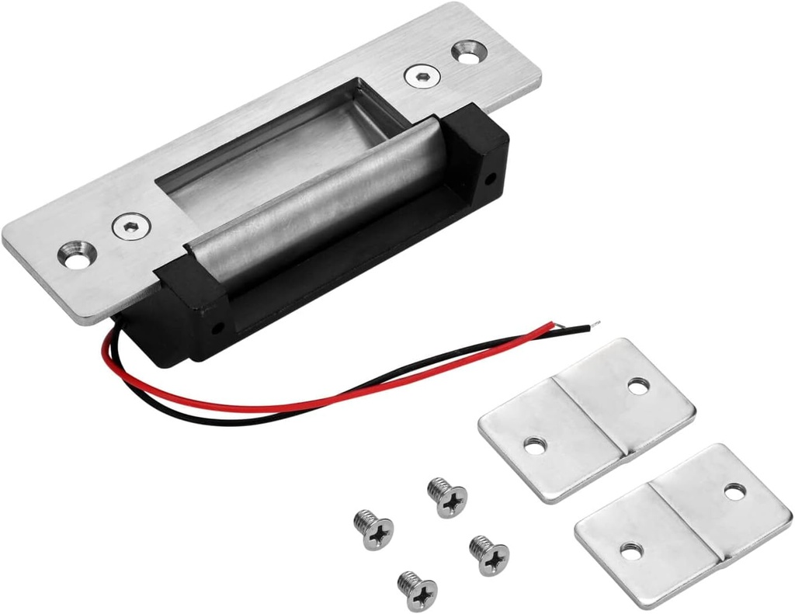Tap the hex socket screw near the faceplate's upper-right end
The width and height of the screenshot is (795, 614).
(422, 75)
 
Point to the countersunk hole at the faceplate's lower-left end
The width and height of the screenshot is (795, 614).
(78, 255)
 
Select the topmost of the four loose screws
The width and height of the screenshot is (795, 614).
(448, 498)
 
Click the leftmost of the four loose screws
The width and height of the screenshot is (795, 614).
(374, 530)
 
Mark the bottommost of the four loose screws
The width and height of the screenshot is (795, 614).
(418, 591)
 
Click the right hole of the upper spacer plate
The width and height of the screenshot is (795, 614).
(638, 385)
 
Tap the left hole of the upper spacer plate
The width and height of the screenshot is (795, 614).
(535, 446)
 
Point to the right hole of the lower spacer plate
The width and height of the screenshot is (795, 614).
(734, 491)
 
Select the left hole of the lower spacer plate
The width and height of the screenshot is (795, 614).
(631, 552)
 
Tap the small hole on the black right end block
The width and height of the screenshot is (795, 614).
(490, 179)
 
